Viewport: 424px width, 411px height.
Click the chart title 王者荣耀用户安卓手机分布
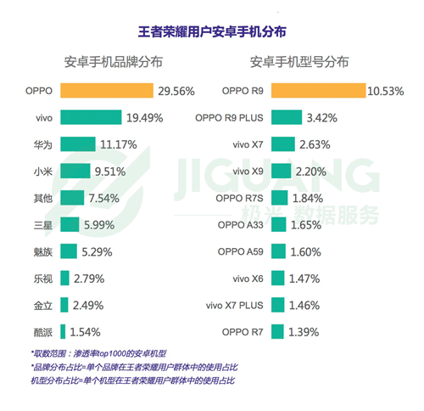click(211, 31)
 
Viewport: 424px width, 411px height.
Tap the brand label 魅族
click(42, 251)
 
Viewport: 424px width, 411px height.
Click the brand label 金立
click(42, 305)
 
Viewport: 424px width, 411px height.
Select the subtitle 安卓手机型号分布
click(298, 63)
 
